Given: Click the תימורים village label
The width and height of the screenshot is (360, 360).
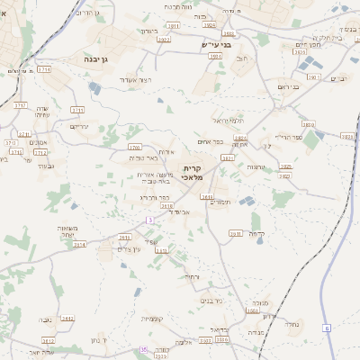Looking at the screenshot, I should (220, 202).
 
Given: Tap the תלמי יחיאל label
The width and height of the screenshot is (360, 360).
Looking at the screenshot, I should (228, 120).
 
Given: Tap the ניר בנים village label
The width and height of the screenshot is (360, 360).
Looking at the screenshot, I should (211, 301).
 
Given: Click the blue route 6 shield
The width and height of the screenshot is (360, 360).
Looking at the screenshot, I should (327, 328).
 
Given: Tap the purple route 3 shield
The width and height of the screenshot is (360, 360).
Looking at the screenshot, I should (150, 220).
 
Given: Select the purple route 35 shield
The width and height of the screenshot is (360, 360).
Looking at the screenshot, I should (143, 349).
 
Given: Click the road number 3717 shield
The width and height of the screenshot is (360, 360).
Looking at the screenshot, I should (21, 104).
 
